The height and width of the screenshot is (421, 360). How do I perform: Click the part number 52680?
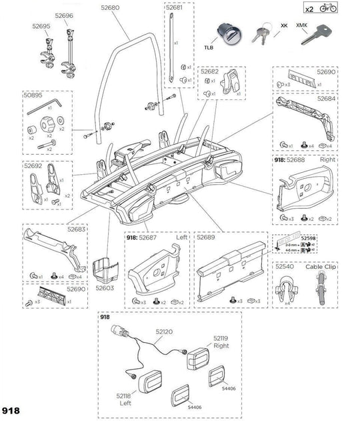pyautogui.click(x=110, y=8)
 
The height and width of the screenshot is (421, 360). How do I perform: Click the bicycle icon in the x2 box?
pyautogui.click(x=328, y=9)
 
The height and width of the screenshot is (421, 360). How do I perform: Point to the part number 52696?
pyautogui.click(x=65, y=15)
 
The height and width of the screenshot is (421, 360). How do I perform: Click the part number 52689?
pyautogui.click(x=205, y=237)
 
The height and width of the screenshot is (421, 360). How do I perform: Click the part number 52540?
pyautogui.click(x=286, y=266)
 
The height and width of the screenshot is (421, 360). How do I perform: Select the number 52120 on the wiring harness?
pyautogui.click(x=164, y=331)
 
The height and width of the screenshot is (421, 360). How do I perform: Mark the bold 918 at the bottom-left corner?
pyautogui.click(x=11, y=410)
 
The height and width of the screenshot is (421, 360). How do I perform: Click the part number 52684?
pyautogui.click(x=326, y=98)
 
